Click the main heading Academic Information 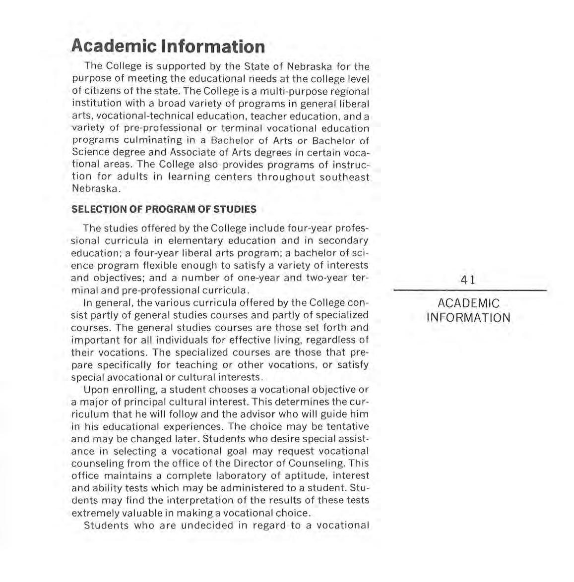[x=168, y=46]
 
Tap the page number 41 [x=468, y=280]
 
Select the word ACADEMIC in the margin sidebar [x=469, y=303]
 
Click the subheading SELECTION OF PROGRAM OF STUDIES [x=164, y=209]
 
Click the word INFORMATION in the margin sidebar [x=468, y=318]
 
